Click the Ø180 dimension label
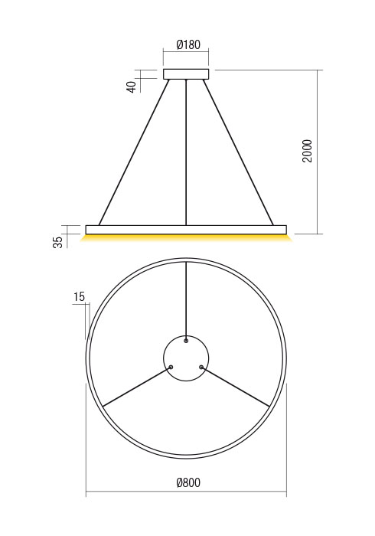point(187,45)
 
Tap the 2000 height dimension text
point(307,151)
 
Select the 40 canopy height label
point(132,87)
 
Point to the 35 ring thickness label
point(58,243)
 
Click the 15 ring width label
point(79,297)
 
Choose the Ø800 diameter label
point(187,483)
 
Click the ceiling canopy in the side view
point(186,74)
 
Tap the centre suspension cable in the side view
point(186,153)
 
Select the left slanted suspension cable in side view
point(134,153)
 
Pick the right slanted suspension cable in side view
point(238,153)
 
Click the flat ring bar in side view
point(186,229)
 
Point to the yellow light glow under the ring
point(186,238)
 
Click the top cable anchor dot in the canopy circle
point(186,341)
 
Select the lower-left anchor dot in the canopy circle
point(171,368)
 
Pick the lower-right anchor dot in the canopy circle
point(201,368)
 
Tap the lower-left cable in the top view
point(136,387)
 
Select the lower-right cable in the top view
point(236,387)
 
